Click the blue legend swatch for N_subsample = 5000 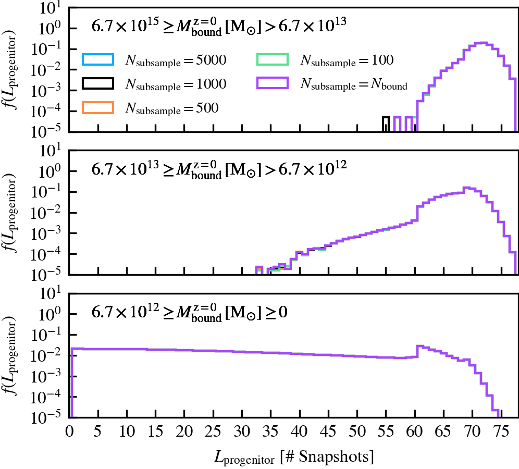(97, 60)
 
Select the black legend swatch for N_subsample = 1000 (97, 84)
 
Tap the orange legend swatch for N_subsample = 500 (97, 107)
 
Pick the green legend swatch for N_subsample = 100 (272, 60)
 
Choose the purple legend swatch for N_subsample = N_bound (272, 84)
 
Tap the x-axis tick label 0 (69, 431)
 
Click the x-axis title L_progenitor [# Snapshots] (294, 457)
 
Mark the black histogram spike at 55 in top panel (386, 124)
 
